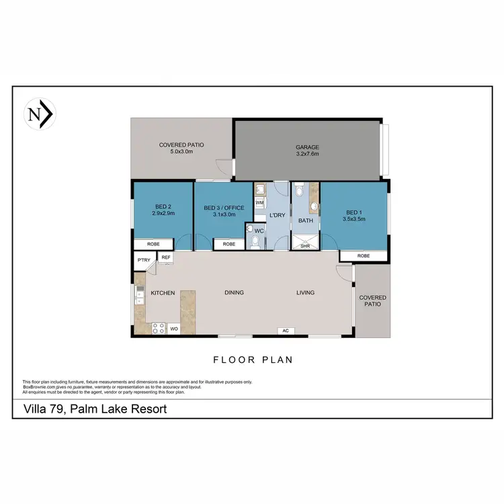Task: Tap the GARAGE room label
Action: tap(307, 147)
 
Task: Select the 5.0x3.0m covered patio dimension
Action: tap(181, 152)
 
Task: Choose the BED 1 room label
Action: tap(353, 212)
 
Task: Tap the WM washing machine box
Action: tap(260, 202)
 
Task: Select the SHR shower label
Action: tap(304, 246)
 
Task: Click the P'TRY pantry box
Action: tap(143, 259)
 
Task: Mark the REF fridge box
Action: tap(166, 257)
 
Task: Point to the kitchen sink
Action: tap(140, 295)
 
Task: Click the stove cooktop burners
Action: tap(159, 329)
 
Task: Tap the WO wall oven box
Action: tap(173, 329)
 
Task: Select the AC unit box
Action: tap(285, 331)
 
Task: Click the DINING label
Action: tap(234, 292)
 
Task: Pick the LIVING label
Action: tap(306, 292)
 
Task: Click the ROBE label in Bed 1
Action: tap(363, 256)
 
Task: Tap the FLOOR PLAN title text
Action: tap(253, 360)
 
